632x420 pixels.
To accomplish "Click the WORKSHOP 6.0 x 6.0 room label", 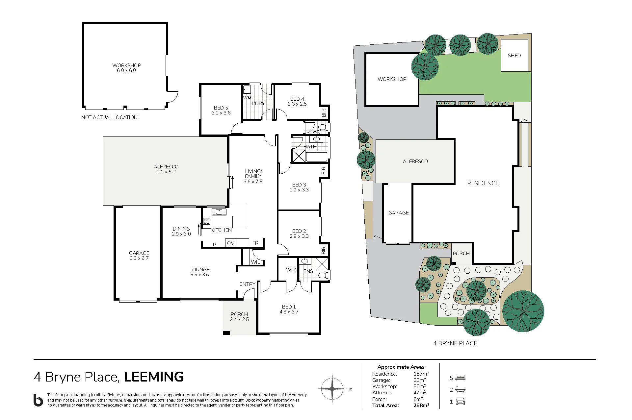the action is coord(126,68).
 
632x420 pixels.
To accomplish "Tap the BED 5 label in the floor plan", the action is coord(221,108).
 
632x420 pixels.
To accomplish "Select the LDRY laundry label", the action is coord(258,104).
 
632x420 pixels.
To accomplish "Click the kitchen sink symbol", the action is coord(219,212).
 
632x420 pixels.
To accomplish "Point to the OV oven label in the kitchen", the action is coord(231,243).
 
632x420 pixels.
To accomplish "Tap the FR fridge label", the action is coord(255,243).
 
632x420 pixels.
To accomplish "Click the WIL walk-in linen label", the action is coord(255,262).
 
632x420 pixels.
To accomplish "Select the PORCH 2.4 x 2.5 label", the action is coord(239,317).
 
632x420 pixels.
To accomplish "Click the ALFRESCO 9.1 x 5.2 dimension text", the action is coord(166,172).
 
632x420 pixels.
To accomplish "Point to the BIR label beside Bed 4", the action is coord(324,113).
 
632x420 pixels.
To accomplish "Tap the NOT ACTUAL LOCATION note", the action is coord(109,117).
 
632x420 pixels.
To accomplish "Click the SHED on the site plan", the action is coord(514,56).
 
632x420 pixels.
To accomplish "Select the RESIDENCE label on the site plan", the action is coord(483,183).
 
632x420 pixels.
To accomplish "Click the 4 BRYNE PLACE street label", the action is coord(455,343).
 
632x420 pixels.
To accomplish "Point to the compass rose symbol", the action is coord(332,389).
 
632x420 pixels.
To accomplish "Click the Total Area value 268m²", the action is coord(421,406).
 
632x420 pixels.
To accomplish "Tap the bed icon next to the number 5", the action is coord(461,378).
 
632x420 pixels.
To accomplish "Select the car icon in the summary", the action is coord(460,402).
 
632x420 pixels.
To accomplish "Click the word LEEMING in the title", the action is coord(154,377).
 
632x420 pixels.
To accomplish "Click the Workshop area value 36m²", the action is coord(420,386).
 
